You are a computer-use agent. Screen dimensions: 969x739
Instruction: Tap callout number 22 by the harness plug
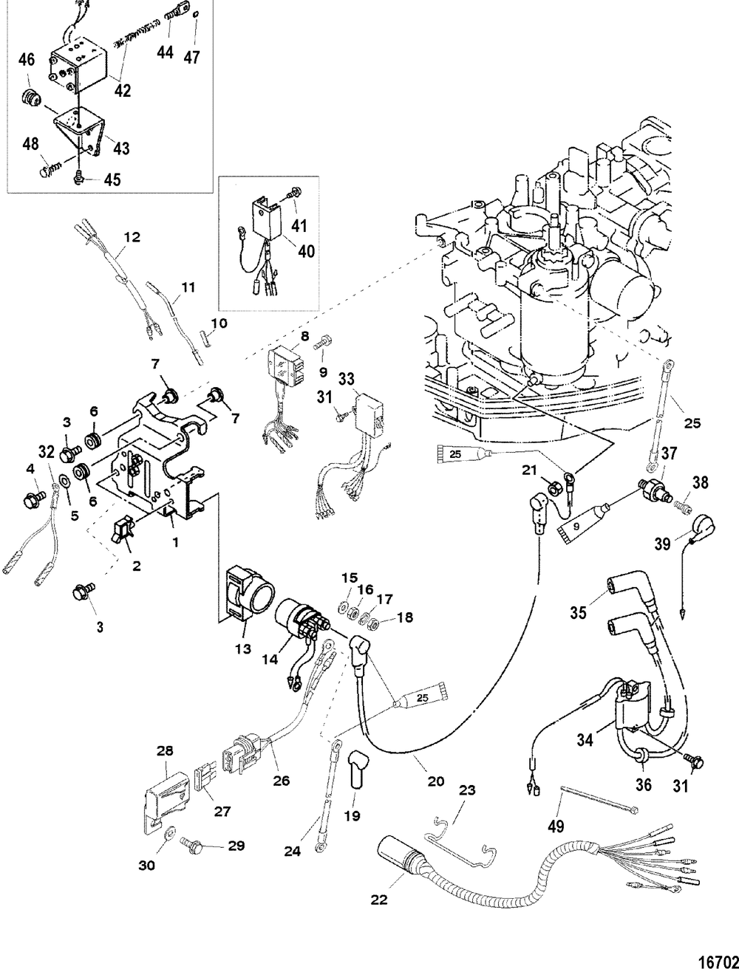378,900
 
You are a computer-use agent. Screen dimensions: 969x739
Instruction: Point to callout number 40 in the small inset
305,250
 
